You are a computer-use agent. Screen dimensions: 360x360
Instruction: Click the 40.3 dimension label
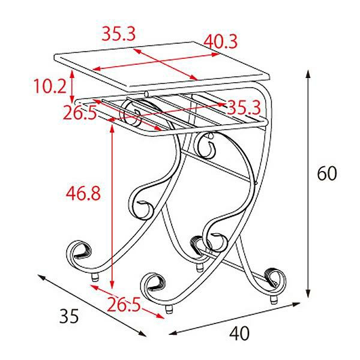(x=220, y=41)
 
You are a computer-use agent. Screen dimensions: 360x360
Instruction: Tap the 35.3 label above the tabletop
(x=119, y=34)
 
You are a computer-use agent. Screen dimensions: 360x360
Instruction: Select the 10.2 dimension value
(x=50, y=86)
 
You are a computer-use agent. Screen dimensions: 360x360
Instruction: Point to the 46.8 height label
(x=83, y=193)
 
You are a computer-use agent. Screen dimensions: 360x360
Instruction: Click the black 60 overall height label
(x=327, y=173)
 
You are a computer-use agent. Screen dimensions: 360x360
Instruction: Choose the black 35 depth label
(x=69, y=316)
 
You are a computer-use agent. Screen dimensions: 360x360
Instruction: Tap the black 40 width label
(x=239, y=333)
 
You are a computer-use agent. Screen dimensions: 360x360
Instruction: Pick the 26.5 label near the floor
(x=124, y=304)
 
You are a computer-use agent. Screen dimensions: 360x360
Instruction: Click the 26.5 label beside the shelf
(x=79, y=112)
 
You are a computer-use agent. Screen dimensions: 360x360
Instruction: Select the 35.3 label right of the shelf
(x=244, y=107)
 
